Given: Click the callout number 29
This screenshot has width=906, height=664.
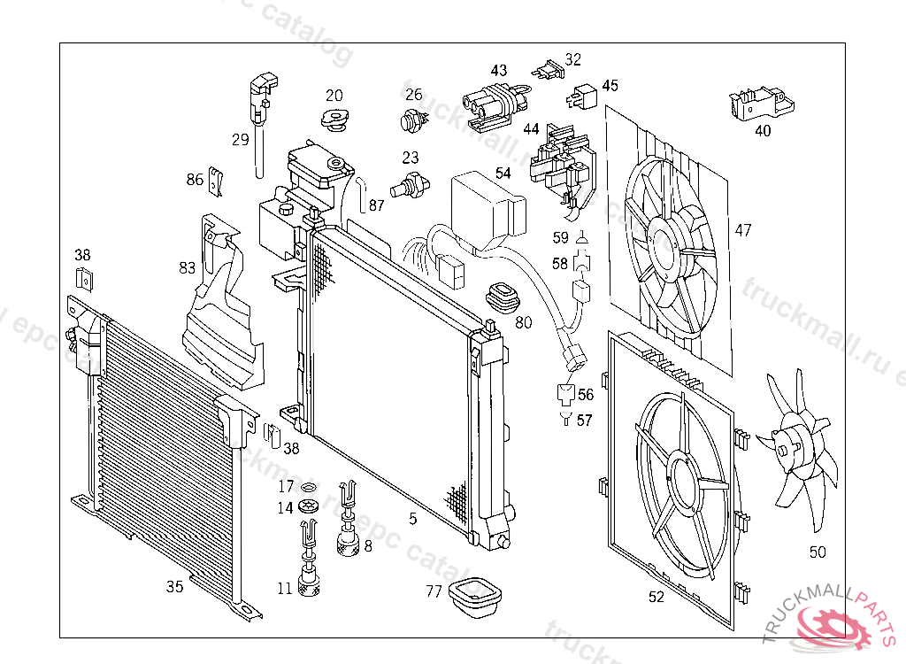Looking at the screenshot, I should tap(241, 139).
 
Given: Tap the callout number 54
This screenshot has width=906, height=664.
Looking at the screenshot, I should tap(503, 174).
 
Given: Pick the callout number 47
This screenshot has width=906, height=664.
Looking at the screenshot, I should tap(743, 230).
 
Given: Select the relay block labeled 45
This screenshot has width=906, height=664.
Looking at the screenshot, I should tap(585, 91).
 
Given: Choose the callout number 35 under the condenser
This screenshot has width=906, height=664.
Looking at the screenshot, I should tap(175, 586).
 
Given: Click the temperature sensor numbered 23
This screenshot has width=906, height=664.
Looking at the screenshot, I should tap(411, 186).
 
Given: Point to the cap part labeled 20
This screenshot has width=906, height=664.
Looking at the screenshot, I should tap(334, 120).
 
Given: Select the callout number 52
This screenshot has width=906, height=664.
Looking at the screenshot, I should tap(656, 597).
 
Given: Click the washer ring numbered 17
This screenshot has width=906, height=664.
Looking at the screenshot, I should tap(309, 488).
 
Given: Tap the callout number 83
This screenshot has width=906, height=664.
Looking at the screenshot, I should tap(188, 266).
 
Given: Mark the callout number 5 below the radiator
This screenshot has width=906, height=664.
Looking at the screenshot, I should tap(412, 519).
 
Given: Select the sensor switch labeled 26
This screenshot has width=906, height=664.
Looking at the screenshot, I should tap(411, 120).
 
